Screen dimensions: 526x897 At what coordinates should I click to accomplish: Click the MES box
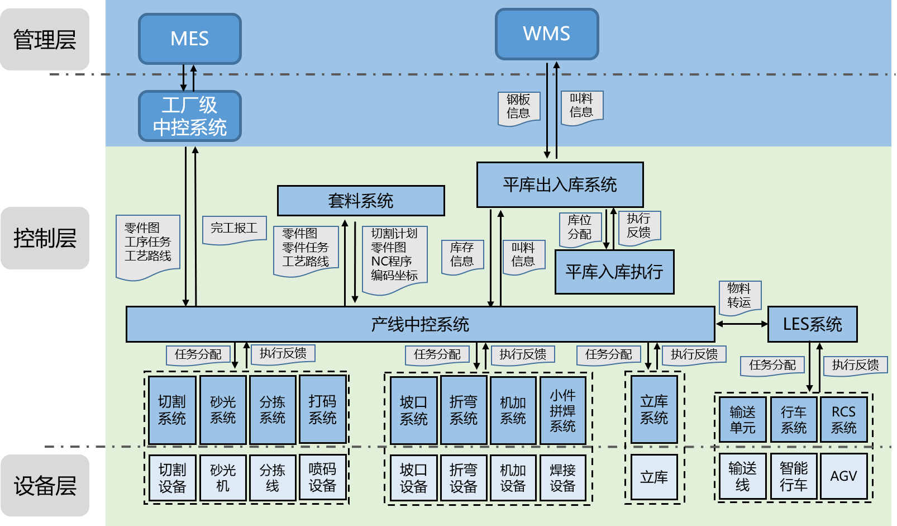click(189, 39)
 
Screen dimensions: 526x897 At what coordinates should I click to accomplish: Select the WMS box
click(546, 34)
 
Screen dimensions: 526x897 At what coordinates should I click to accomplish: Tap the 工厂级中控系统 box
click(189, 116)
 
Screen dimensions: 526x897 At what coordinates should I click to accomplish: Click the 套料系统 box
click(361, 201)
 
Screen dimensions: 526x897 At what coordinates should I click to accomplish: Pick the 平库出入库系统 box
click(560, 184)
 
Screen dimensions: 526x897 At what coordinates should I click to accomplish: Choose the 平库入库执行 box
click(614, 272)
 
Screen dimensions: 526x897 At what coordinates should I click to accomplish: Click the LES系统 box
click(812, 324)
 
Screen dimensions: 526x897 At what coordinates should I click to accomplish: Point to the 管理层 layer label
click(45, 39)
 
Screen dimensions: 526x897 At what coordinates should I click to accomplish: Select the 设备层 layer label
click(45, 485)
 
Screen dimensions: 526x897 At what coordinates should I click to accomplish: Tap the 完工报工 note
click(234, 229)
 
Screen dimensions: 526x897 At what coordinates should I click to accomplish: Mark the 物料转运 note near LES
click(739, 296)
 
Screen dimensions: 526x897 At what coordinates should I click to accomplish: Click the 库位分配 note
click(580, 228)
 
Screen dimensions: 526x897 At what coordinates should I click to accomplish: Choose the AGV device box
click(843, 476)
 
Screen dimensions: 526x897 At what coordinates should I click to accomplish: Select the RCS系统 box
click(843, 419)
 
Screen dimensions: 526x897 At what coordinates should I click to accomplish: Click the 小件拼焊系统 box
click(562, 410)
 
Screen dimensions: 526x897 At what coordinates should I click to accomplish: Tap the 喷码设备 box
click(322, 477)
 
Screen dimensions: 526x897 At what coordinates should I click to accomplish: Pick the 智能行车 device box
click(793, 476)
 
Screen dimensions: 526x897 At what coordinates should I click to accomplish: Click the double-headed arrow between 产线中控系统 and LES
click(742, 324)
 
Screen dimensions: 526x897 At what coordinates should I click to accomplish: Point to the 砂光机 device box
click(223, 477)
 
